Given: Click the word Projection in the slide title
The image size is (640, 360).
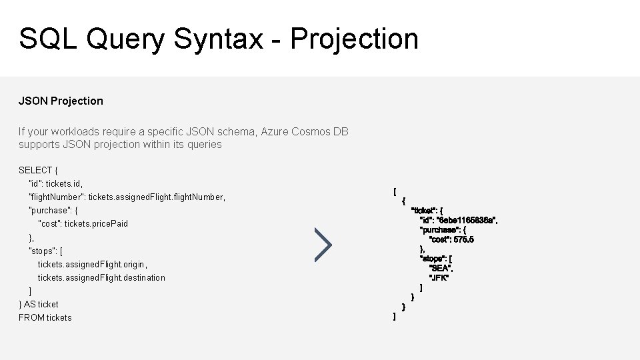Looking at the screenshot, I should (x=355, y=39).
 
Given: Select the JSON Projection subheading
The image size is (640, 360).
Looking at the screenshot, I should (x=61, y=101).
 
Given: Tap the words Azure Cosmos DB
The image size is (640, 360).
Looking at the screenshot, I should (x=305, y=131).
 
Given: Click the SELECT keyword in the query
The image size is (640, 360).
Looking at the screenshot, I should (x=35, y=170).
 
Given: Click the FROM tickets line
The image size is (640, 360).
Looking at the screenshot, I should (x=45, y=317).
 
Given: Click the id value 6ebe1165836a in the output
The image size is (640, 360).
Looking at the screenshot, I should (x=469, y=220).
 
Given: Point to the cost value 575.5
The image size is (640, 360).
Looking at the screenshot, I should (x=461, y=239).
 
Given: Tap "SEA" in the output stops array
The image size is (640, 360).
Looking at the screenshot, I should (x=441, y=268).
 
